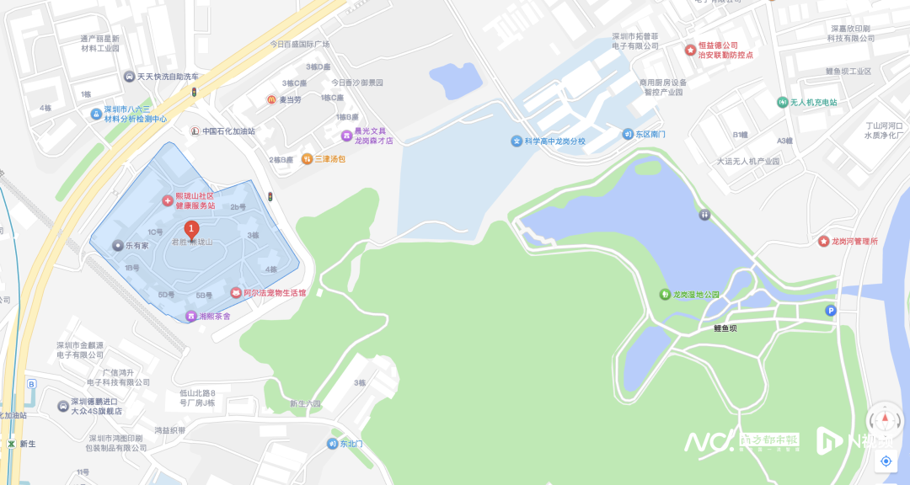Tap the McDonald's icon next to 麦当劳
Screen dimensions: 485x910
click(x=272, y=100)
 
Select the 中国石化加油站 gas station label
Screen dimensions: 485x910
click(x=228, y=131)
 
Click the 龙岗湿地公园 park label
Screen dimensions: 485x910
click(x=696, y=295)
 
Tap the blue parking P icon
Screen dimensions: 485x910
click(x=832, y=311)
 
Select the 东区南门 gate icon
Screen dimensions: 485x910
click(x=628, y=134)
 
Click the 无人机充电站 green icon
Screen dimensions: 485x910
click(x=782, y=102)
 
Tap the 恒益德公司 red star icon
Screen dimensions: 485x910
click(x=690, y=51)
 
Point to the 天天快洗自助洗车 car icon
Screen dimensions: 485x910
click(x=129, y=77)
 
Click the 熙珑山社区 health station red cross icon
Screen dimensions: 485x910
click(x=167, y=200)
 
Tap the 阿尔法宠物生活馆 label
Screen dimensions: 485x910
click(x=275, y=293)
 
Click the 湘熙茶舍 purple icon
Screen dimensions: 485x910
click(x=191, y=316)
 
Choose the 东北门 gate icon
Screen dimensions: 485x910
click(x=333, y=444)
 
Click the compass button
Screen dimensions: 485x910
click(x=886, y=419)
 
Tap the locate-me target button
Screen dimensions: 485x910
click(x=886, y=461)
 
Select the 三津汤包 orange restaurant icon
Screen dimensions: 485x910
click(x=308, y=158)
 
